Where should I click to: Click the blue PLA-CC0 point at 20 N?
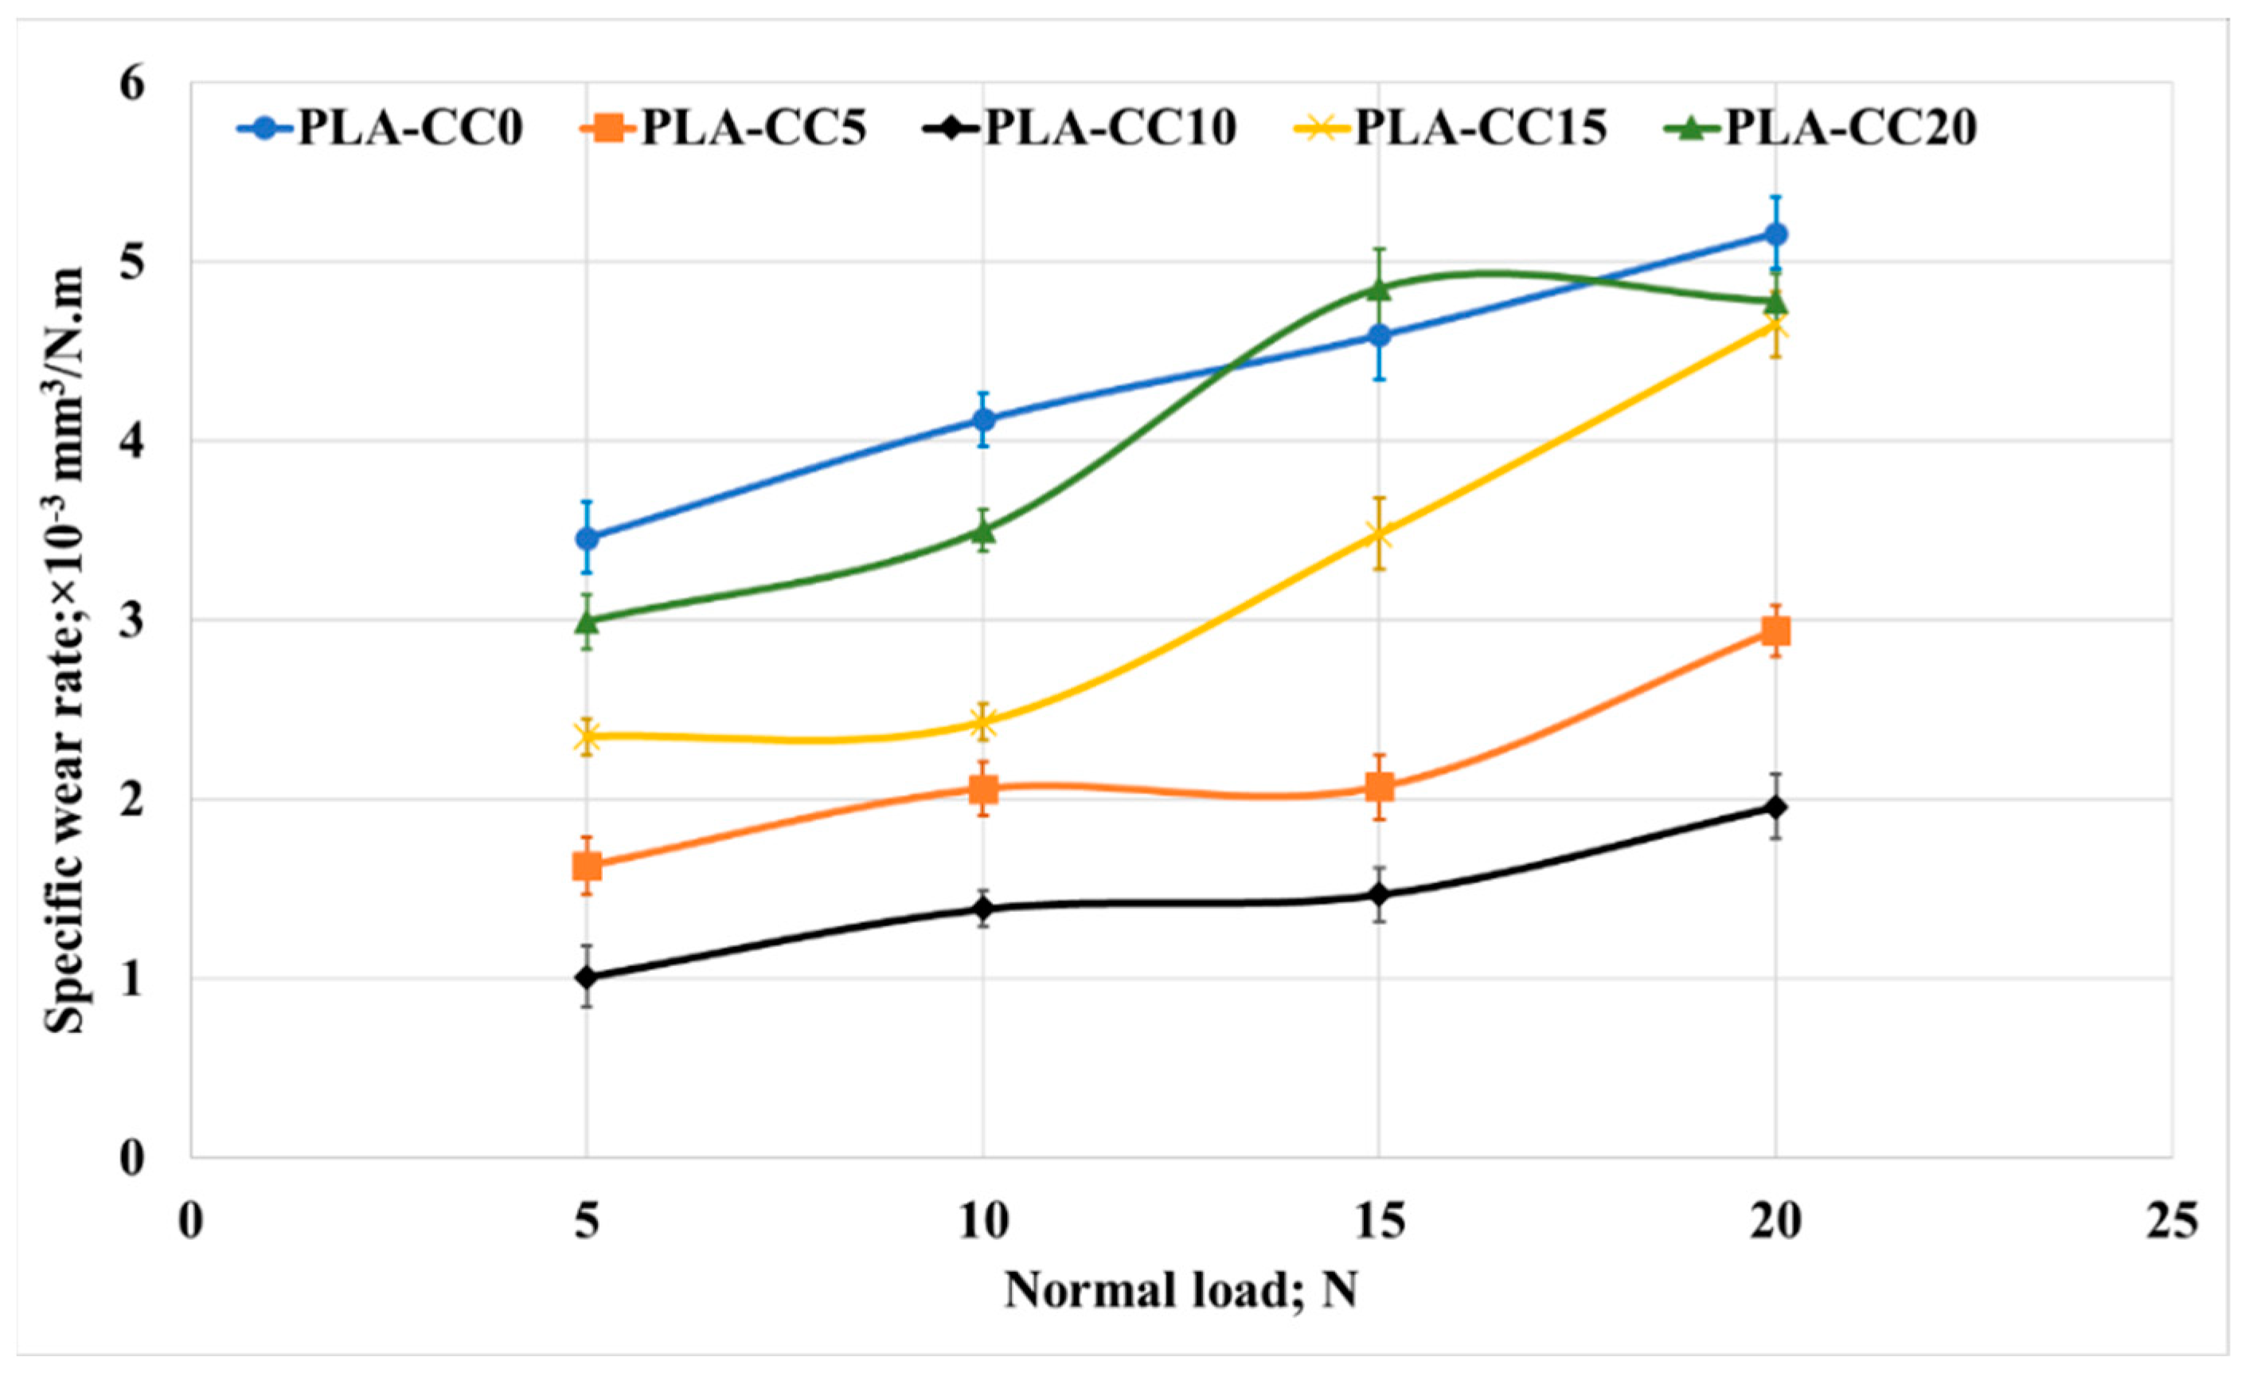coord(1775,234)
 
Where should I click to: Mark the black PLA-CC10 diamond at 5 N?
coord(586,978)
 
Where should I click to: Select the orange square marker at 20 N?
coord(1775,632)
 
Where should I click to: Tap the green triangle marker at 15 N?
coord(1379,289)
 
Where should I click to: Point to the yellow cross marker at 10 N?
coord(983,722)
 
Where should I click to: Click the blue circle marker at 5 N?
coord(586,539)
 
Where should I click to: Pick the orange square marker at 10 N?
coord(983,788)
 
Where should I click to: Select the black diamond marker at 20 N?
coord(1775,808)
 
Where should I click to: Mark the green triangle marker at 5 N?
coord(586,621)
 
